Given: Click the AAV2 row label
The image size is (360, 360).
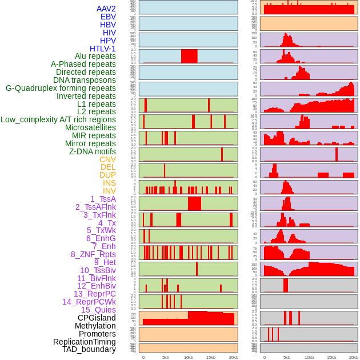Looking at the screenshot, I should tap(106, 9).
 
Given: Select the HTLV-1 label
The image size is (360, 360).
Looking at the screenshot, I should tap(103, 49).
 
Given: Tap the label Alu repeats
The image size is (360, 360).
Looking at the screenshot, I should tap(95, 56).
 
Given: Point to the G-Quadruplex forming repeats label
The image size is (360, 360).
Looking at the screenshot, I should tap(61, 88).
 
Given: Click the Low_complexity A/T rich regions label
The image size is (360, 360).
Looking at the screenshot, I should tap(58, 119).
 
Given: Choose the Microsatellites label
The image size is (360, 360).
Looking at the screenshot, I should tap(90, 127).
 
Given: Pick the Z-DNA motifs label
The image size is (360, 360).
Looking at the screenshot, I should tap(93, 151).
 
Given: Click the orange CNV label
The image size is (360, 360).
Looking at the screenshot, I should tap(107, 159).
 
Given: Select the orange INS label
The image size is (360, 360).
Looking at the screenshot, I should tap(109, 183).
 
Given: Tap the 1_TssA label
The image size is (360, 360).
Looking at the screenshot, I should tap(103, 199).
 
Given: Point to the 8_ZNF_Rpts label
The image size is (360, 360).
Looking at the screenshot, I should tap(93, 254).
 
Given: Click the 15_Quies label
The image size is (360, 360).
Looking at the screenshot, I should tap(98, 310).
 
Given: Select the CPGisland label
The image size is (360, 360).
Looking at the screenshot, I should tap(97, 318).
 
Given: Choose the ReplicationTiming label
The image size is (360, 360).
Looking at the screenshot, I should tap(85, 342).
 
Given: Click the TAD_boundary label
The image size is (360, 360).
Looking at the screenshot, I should tap(89, 349).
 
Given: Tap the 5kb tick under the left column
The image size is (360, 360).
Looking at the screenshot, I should tap(166, 357).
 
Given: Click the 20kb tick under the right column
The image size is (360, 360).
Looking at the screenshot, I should tap(354, 357).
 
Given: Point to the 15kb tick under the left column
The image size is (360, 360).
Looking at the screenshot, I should tap(211, 357).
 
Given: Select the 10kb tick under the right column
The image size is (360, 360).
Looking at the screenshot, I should tap(309, 357).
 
